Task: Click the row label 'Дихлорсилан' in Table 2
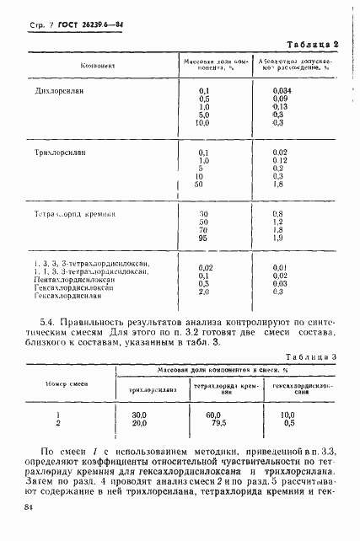pyautogui.click(x=60, y=88)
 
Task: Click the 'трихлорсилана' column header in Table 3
pyautogui.click(x=153, y=389)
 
